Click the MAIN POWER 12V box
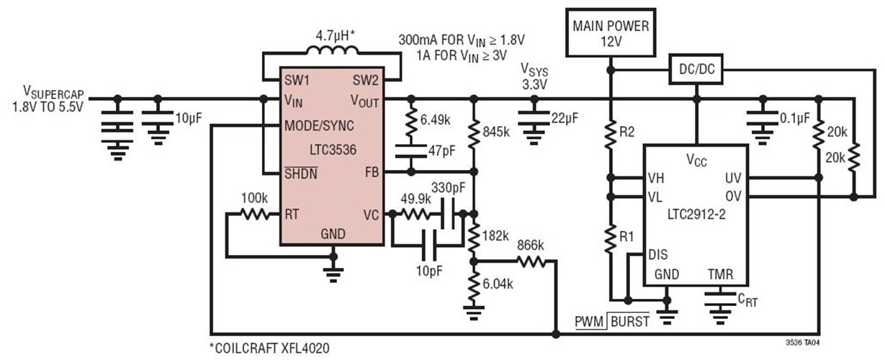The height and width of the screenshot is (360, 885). [611, 34]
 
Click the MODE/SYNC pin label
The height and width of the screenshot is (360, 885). [319, 125]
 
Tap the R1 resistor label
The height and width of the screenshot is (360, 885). [628, 237]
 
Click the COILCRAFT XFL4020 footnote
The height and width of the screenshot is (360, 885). [270, 348]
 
